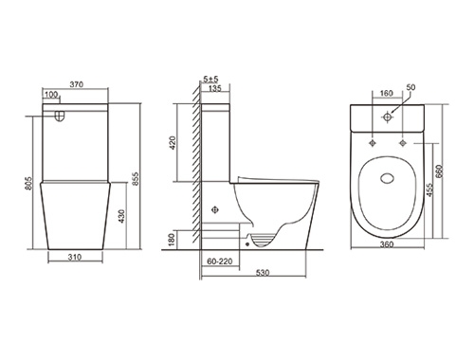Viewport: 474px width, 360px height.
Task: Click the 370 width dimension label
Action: tap(77, 84)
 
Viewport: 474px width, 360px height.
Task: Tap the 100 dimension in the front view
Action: tap(51, 94)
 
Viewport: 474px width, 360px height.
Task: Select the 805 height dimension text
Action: tap(28, 184)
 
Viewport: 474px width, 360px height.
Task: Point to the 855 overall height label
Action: tap(135, 179)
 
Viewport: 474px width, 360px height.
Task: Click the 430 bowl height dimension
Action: tap(121, 216)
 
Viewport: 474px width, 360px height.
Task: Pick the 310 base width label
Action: tap(75, 257)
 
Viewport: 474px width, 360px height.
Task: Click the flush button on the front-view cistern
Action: tap(60, 116)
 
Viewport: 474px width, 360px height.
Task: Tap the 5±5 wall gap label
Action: tap(210, 79)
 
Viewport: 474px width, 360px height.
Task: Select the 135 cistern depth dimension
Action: tap(215, 88)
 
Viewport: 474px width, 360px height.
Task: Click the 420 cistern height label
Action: tap(173, 143)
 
